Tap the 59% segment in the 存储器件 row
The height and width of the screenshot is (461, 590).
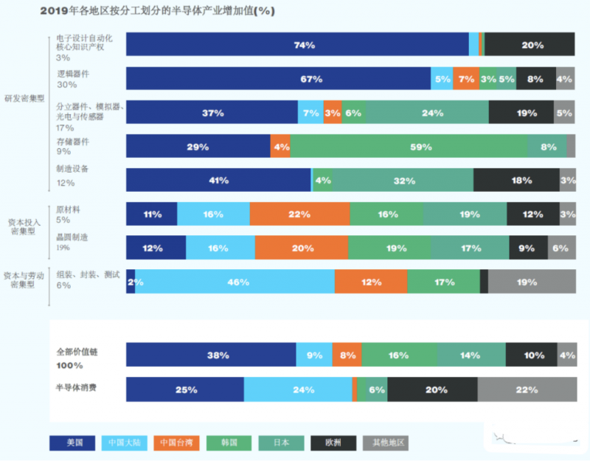tap(409, 147)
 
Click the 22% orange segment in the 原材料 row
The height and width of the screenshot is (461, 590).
tap(299, 215)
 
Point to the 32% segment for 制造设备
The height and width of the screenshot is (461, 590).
tap(403, 180)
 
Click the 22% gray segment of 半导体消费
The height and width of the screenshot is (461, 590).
tap(527, 389)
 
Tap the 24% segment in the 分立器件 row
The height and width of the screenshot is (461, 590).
tap(427, 113)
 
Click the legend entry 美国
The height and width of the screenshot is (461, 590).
tap(73, 443)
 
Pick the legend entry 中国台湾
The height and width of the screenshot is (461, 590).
tap(178, 443)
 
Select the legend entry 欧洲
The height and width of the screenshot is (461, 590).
tap(336, 443)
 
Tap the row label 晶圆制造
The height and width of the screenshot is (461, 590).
tap(72, 237)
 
